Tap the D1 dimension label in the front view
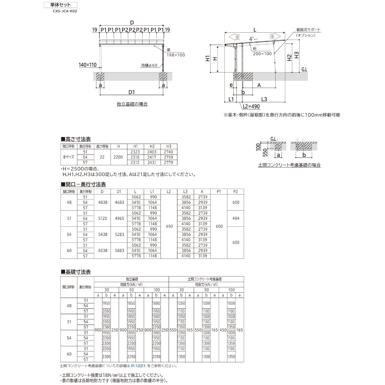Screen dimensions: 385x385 131,92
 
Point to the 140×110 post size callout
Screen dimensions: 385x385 87,65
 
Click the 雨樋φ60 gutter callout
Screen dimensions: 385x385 149,65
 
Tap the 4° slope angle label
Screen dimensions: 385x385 251,39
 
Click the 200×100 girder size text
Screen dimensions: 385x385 262,54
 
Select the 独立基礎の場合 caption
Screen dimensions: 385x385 132,104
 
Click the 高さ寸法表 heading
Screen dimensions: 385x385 77,139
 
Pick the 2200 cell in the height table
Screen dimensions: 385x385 119,157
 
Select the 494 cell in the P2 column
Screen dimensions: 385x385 236,218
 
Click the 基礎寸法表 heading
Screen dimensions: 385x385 77,272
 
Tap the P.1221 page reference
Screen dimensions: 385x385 138,366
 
